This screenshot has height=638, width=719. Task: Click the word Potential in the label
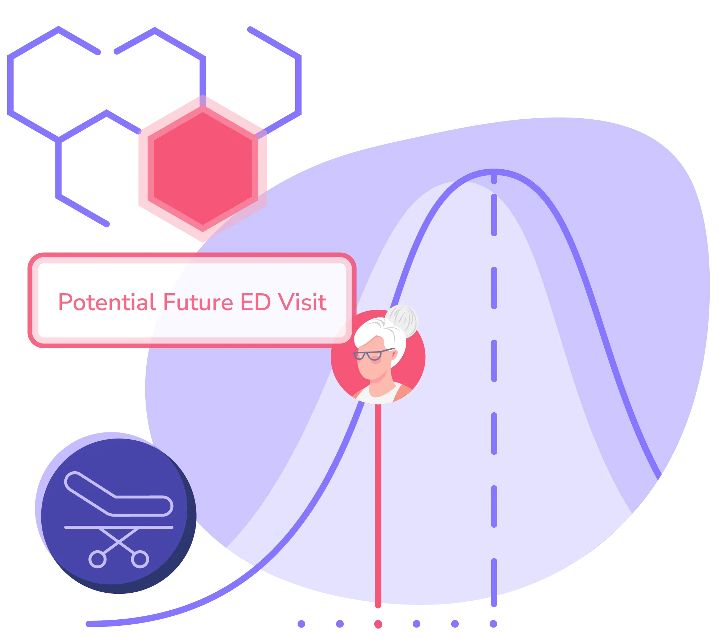pyautogui.click(x=107, y=302)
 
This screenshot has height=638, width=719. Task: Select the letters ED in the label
pyautogui.click(x=255, y=302)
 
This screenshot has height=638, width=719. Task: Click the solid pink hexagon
pyautogui.click(x=203, y=168)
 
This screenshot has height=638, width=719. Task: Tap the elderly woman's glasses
pyautogui.click(x=370, y=355)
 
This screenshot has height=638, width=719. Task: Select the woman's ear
pyautogui.click(x=394, y=355)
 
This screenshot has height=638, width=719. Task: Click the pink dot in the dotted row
pyautogui.click(x=378, y=624)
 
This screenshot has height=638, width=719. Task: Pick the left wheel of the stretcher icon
pyautogui.click(x=97, y=559)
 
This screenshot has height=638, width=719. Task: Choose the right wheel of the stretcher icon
pyautogui.click(x=140, y=559)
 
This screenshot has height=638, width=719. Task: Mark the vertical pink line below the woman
pyautogui.click(x=378, y=503)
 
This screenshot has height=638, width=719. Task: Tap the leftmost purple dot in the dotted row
pyautogui.click(x=302, y=624)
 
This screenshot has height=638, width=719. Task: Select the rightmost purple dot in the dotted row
pyautogui.click(x=494, y=624)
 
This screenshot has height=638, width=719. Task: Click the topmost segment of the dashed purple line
pyautogui.click(x=494, y=179)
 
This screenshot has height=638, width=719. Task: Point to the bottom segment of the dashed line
pyautogui.click(x=494, y=582)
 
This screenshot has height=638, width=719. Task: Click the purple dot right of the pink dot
pyautogui.click(x=417, y=624)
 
